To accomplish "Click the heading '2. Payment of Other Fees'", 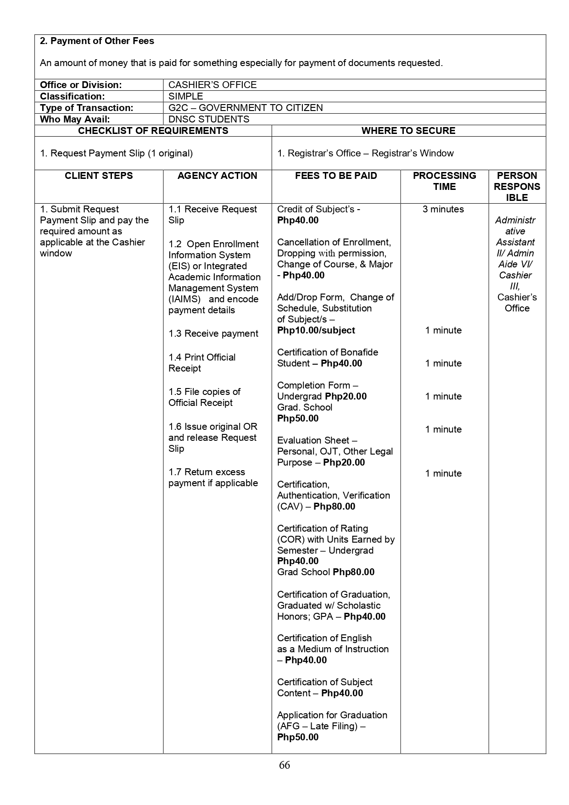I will [x=97, y=41].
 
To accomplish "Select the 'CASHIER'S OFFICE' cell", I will [x=212, y=85].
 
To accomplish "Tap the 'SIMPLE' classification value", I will [x=185, y=96].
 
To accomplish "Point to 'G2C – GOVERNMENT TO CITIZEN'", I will [x=245, y=108].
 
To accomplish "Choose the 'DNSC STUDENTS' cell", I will [x=209, y=119].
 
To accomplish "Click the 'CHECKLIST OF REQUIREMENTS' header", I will [x=153, y=131].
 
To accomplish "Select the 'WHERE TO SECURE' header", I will [x=408, y=131].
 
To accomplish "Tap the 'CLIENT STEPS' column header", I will [x=99, y=176].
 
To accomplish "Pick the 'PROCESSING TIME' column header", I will [x=444, y=181].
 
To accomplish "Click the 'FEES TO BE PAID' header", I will [x=336, y=176].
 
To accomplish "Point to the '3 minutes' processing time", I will [x=443, y=209].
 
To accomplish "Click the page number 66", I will [x=284, y=765].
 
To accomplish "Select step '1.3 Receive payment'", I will [x=213, y=333].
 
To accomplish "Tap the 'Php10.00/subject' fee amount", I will [x=316, y=330].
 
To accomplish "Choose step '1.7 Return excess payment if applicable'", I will [x=213, y=477].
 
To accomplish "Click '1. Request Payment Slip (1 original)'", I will [x=116, y=153].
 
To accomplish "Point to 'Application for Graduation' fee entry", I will [x=332, y=715].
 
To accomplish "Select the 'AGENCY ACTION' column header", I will [x=217, y=176].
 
